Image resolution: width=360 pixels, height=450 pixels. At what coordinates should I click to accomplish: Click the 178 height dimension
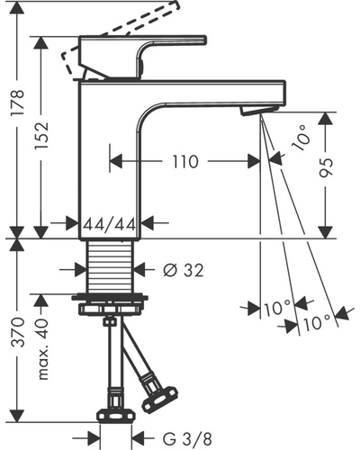[x=17, y=103]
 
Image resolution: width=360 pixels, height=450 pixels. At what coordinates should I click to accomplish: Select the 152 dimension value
[x=40, y=135]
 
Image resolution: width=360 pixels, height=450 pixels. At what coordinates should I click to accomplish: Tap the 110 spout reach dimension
[x=185, y=162]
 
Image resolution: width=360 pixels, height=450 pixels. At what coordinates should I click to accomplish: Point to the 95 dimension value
[x=326, y=167]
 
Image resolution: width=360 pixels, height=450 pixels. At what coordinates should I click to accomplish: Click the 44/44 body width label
[x=110, y=224]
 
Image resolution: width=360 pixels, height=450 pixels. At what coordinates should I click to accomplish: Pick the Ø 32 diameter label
[x=184, y=270]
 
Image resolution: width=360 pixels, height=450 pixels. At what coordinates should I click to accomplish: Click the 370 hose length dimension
[x=17, y=332]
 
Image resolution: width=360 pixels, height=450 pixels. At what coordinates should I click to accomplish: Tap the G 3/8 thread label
[x=187, y=439]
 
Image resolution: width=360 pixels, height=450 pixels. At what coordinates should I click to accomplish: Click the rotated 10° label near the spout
[x=301, y=139]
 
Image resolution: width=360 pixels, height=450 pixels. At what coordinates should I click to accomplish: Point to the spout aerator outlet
[x=258, y=110]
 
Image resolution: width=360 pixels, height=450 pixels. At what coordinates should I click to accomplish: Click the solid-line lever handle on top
[x=143, y=57]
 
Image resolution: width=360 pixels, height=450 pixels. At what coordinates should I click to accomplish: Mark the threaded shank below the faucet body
[x=110, y=266]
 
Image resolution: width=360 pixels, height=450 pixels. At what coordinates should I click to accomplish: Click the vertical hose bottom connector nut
[x=115, y=417]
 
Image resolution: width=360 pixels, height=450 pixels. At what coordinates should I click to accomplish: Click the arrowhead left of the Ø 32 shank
[x=81, y=270]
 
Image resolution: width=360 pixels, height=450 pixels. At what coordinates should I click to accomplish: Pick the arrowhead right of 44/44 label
[x=148, y=223]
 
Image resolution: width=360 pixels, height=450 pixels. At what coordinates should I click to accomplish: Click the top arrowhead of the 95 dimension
[x=325, y=119]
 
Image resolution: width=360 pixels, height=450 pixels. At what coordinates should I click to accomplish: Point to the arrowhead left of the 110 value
[x=116, y=161]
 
